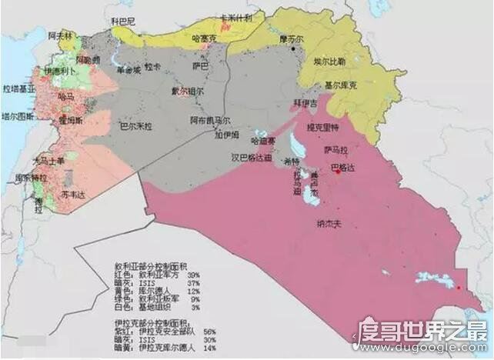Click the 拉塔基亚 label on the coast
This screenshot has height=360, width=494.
tap(18, 89)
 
